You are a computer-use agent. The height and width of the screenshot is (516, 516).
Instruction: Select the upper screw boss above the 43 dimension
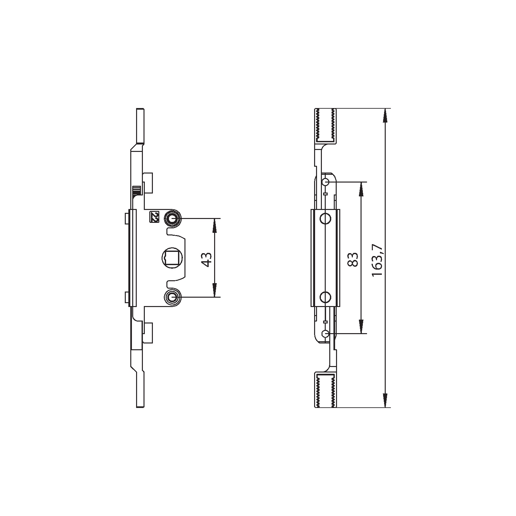coord(173,219)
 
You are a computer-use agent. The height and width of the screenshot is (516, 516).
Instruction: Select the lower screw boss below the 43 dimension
coord(173,297)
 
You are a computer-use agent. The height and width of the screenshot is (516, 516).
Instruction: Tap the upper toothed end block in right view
coord(325,125)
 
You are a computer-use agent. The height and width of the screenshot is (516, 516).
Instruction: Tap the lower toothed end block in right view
coord(325,390)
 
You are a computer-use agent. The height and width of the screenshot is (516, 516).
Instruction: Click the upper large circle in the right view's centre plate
coord(325,219)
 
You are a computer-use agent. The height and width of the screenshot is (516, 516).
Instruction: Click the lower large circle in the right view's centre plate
coord(325,296)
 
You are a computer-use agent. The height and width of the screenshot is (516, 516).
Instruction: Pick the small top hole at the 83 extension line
coord(326,182)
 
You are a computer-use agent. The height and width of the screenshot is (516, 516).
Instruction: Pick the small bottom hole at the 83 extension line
coord(326,333)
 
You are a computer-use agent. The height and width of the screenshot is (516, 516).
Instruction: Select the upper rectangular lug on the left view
coord(148,183)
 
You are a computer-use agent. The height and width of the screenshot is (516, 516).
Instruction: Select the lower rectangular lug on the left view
coord(148,332)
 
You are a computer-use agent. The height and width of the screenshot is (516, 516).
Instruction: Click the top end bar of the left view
coord(140,126)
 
